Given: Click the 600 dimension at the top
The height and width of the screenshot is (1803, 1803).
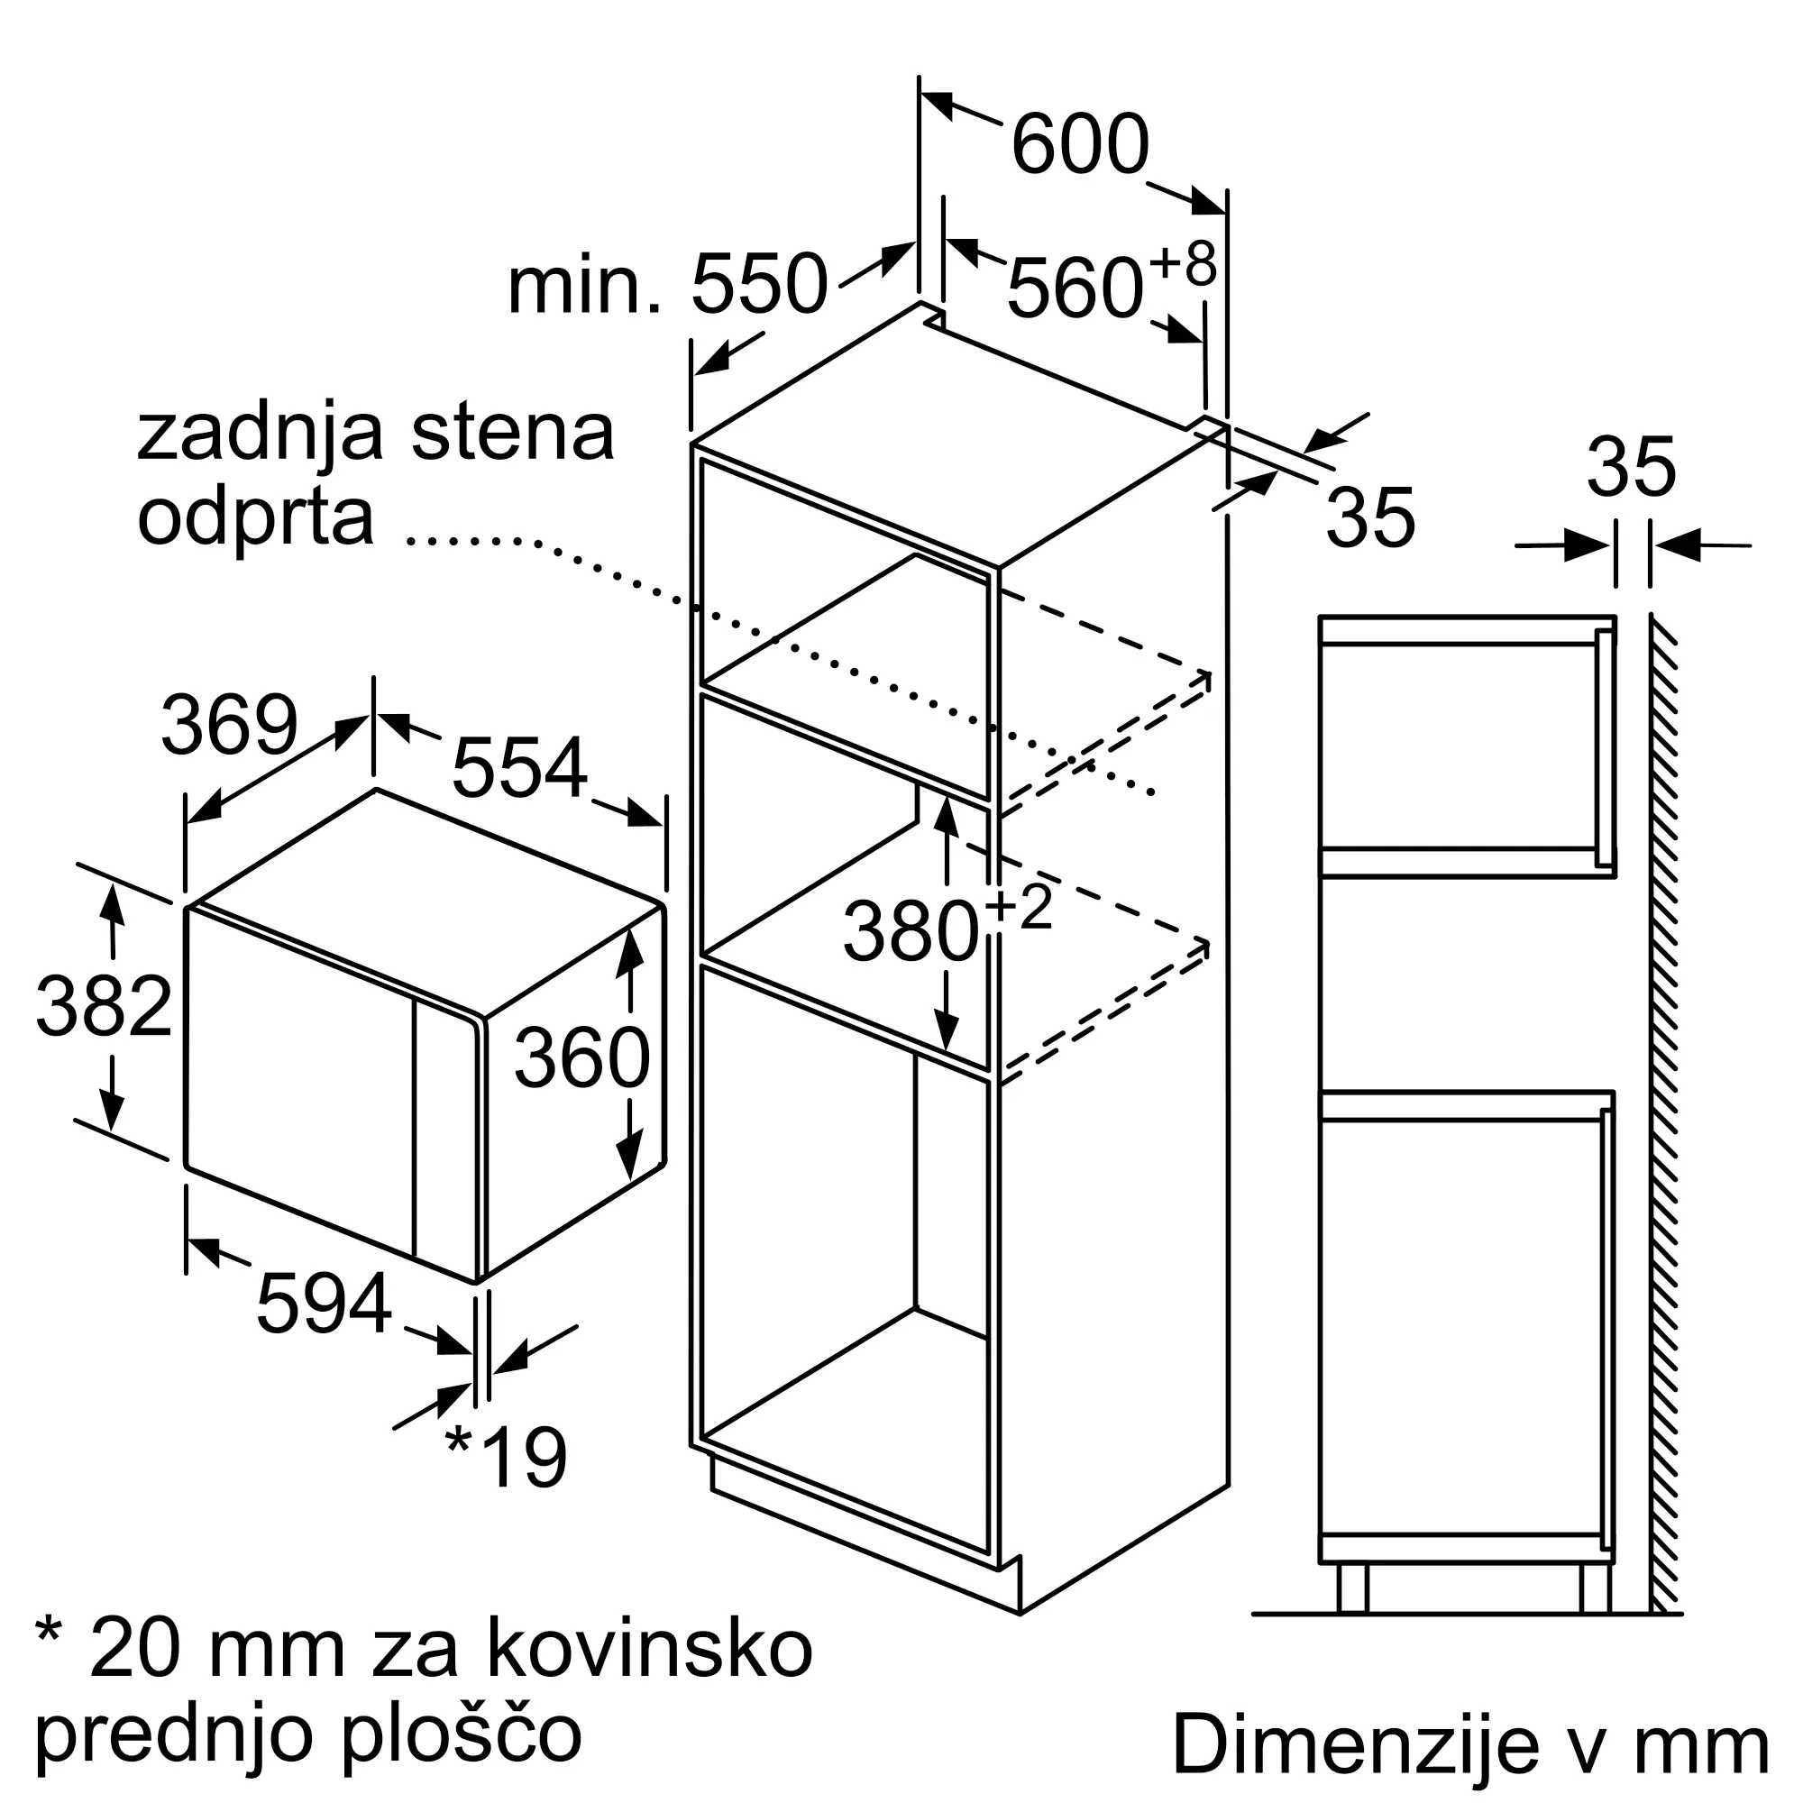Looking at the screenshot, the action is pyautogui.click(x=1080, y=144).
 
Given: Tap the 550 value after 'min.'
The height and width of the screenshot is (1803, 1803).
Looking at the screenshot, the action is pyautogui.click(x=759, y=284).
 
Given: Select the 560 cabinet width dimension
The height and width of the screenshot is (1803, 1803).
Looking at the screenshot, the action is pyautogui.click(x=1075, y=288).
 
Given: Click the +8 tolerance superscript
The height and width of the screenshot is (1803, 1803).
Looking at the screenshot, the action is pyautogui.click(x=1183, y=264).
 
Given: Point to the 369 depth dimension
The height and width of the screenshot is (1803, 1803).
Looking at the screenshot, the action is pyautogui.click(x=230, y=725).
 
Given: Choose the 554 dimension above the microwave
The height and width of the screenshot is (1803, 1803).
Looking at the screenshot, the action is pyautogui.click(x=520, y=768).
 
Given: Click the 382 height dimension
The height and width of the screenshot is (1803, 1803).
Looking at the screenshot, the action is pyautogui.click(x=104, y=1006).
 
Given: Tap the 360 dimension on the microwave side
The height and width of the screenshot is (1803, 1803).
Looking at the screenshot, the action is pyautogui.click(x=581, y=1057).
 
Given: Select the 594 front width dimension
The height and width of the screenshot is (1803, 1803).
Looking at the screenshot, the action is pyautogui.click(x=324, y=1304).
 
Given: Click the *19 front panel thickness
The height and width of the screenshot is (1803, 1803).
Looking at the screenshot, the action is pyautogui.click(x=507, y=1457).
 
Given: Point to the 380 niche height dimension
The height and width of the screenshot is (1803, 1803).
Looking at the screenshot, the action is pyautogui.click(x=910, y=931).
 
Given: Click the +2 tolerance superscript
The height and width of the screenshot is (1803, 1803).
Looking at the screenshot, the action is pyautogui.click(x=1018, y=908).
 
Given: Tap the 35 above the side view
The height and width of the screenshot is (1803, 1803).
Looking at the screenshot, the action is pyautogui.click(x=1632, y=468).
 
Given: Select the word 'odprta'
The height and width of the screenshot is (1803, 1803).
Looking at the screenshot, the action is pyautogui.click(x=256, y=518).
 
